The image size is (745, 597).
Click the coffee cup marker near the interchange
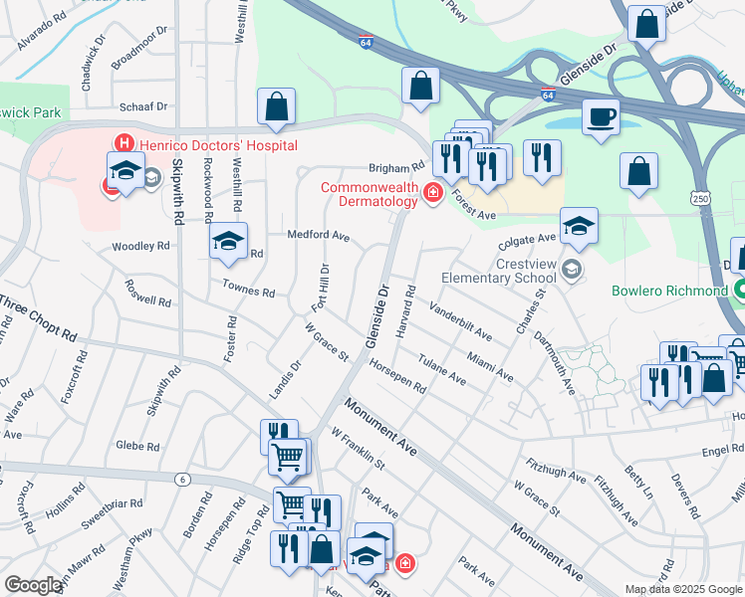pos(602,116)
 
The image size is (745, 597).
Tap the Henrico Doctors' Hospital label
pos(217,145)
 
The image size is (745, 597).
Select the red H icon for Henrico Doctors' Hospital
pos(125,145)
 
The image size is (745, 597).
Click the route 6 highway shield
pos(182,480)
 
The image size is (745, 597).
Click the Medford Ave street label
pos(319,237)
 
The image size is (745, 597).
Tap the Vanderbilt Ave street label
pos(460,319)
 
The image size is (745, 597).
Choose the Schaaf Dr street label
pos(142,105)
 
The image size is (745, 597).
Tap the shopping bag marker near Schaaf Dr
pos(276,106)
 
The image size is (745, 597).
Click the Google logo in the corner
pos(33,584)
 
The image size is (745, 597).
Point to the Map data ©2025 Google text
pos(683,589)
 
